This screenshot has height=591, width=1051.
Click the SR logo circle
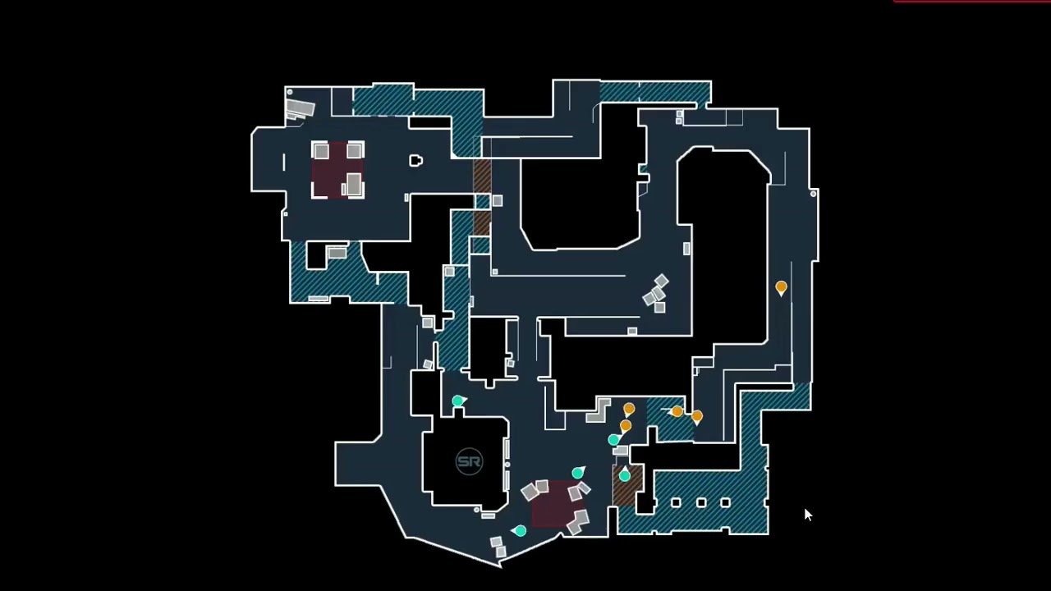coord(469,461)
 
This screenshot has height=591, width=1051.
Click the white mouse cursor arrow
coord(808,515)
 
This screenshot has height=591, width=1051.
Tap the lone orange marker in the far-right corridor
coord(781,287)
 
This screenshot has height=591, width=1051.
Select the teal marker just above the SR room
coord(458,401)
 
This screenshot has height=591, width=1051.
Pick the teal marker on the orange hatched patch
coord(625,474)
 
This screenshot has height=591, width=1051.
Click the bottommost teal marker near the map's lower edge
coord(520,531)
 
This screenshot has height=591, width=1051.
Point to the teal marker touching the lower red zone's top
coord(578,472)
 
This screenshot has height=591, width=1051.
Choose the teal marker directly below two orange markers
coord(613,440)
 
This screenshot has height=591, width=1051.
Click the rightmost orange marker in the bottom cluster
coord(697,416)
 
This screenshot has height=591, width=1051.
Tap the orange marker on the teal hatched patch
coord(677,411)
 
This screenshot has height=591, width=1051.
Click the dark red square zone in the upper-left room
coord(337,171)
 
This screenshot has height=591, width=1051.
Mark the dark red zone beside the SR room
coord(552,502)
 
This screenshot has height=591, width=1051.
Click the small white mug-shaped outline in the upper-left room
coord(415,161)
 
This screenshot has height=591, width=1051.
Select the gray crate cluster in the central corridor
coord(657,294)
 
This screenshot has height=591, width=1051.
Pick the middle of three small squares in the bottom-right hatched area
coord(701,502)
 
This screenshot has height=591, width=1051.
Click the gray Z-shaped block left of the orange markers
coord(599,410)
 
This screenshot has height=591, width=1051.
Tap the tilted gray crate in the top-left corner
coord(300,108)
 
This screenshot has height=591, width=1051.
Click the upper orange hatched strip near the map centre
coord(482,176)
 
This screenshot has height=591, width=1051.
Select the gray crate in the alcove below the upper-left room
coord(337,253)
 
